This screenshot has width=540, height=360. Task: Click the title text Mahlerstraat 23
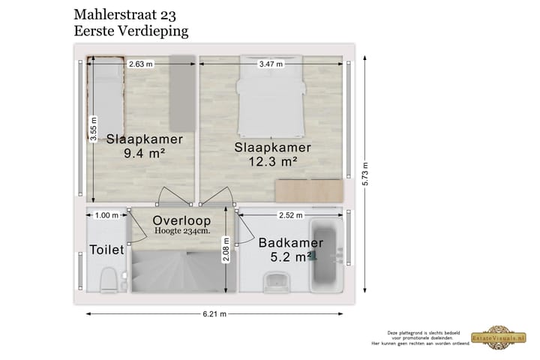tap(131, 14)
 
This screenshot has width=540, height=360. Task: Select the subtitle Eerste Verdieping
tap(131, 31)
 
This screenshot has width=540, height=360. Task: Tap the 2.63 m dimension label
tap(140, 64)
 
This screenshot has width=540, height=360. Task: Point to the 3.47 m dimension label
tap(271, 64)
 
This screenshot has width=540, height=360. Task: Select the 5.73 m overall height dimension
tap(365, 175)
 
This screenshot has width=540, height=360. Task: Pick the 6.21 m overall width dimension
tap(214, 314)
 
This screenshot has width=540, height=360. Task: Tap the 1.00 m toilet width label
tap(107, 215)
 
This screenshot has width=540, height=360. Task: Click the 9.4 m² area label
tap(145, 154)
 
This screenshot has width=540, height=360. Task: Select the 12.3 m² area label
tap(272, 160)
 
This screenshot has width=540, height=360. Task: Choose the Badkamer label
tap(291, 243)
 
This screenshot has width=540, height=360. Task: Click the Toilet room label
tap(107, 250)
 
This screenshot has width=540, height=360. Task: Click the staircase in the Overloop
tap(178, 271)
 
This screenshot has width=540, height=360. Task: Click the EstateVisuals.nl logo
tap(493, 338)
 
